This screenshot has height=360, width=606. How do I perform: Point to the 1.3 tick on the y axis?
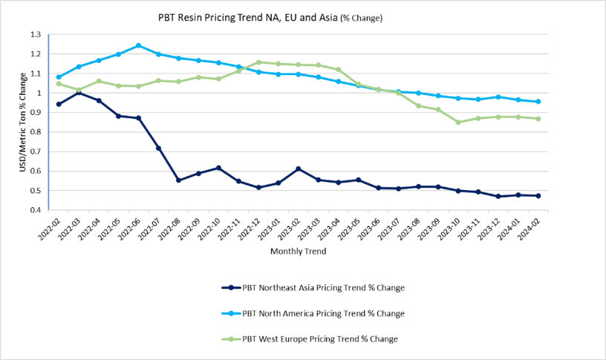tap(36, 34)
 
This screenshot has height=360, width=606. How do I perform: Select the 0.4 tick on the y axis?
tap(36, 210)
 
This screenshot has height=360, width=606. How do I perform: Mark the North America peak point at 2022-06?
tap(139, 45)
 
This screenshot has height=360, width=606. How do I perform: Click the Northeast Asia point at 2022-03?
tap(79, 93)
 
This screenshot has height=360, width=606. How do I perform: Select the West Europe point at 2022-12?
tap(258, 62)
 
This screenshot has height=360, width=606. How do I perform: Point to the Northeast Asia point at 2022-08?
tap(178, 180)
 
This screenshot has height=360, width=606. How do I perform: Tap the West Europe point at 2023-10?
tap(458, 122)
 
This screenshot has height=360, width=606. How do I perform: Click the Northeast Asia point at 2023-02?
tap(299, 168)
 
